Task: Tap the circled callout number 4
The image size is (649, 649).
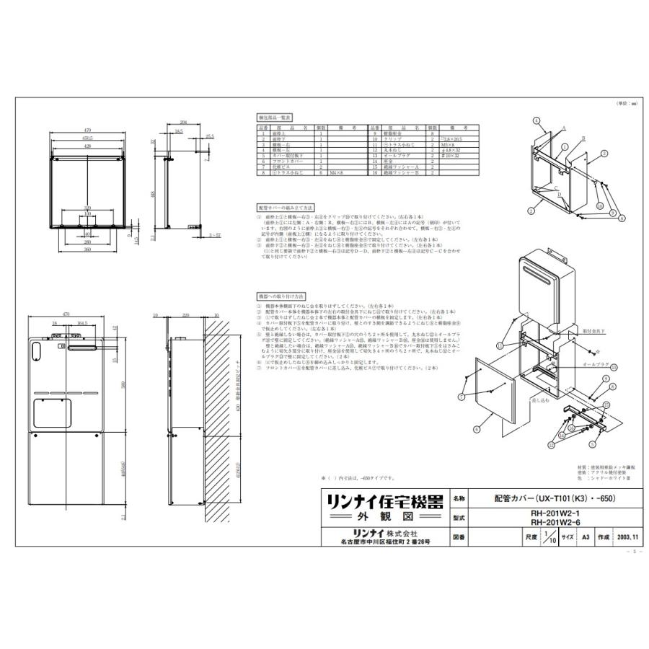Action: click(x=537, y=120)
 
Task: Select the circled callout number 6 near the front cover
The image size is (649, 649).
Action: click(x=477, y=429)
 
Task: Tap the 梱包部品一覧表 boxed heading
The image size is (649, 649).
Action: click(x=272, y=116)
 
